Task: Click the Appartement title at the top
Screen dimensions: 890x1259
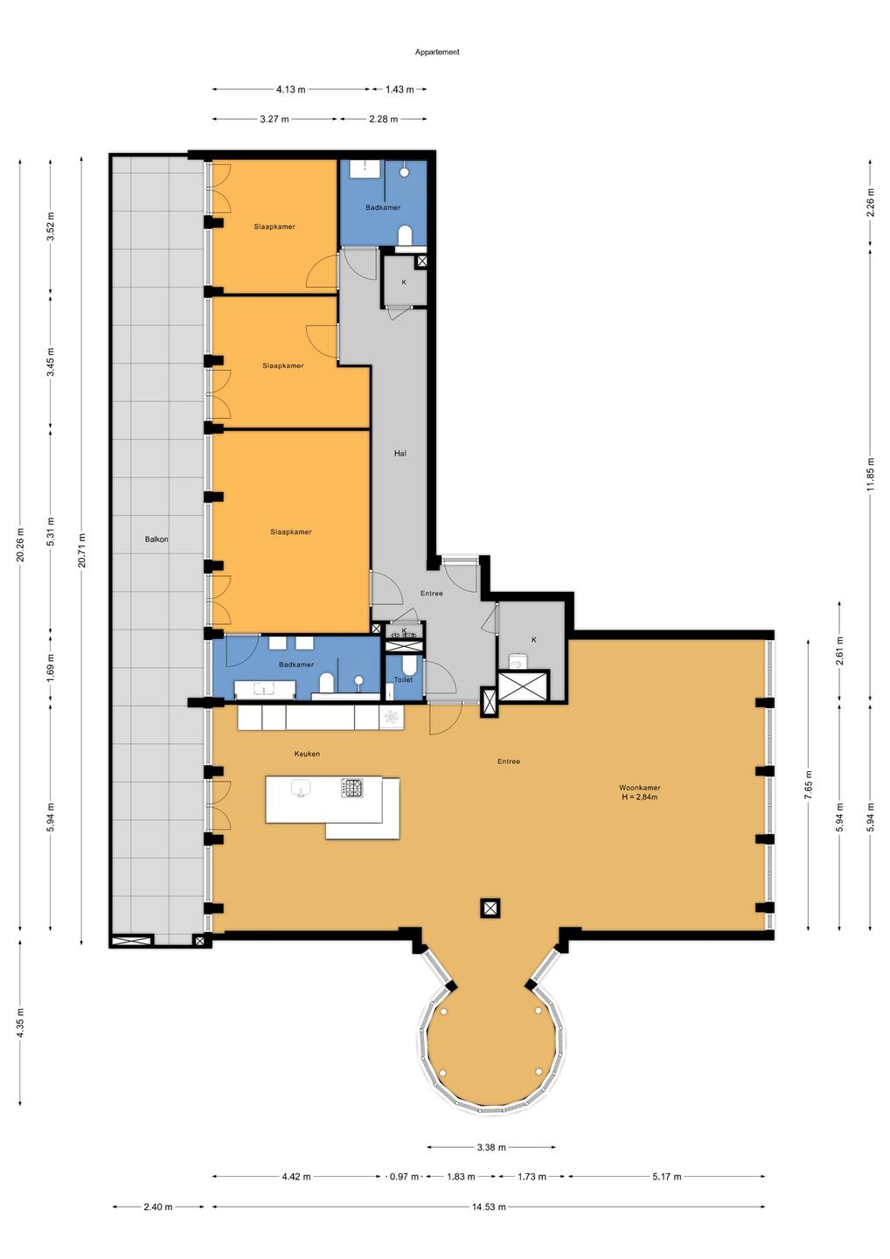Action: [x=437, y=52]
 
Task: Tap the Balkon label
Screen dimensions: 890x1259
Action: [x=156, y=539]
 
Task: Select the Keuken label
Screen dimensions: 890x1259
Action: [x=307, y=754]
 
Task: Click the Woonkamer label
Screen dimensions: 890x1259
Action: [x=639, y=788]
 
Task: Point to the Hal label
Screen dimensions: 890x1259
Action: [x=400, y=453]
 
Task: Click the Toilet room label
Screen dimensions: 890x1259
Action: [x=403, y=679]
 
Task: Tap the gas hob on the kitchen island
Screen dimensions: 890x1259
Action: [x=352, y=788]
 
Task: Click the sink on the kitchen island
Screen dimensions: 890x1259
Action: [x=302, y=789]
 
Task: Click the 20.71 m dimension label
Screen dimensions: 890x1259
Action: [x=82, y=550]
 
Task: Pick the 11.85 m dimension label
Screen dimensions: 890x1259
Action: [x=871, y=473]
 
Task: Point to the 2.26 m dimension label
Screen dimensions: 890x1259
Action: [x=871, y=203]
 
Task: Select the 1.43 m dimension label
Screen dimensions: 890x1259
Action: [x=400, y=89]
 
